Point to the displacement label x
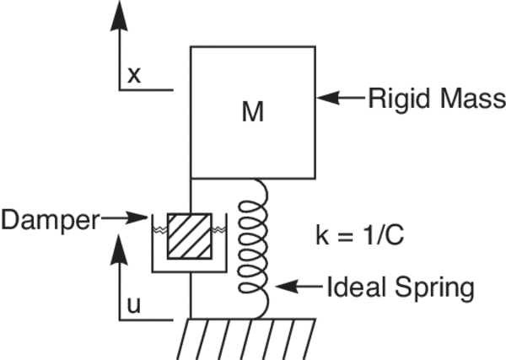coord(133,76)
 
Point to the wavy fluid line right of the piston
coord(221,228)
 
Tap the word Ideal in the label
coord(355,289)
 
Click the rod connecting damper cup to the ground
coord(191,295)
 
